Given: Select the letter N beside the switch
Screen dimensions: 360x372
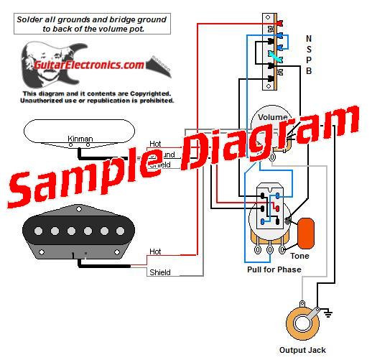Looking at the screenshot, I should (309, 38).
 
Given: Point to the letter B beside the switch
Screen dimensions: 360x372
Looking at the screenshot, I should (309, 70).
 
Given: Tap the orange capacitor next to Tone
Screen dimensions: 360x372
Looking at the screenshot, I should (307, 231).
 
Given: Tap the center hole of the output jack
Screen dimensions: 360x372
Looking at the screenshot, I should (300, 317).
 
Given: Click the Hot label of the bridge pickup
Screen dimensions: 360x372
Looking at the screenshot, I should (155, 251).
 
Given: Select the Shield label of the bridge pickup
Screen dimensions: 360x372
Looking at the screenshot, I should (159, 273).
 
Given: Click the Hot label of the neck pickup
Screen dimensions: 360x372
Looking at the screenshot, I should (155, 144).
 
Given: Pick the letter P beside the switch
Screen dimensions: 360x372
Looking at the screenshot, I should (309, 60).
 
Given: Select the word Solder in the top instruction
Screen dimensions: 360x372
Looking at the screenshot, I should (32, 19).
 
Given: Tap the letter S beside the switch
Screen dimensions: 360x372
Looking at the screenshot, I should (309, 49).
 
